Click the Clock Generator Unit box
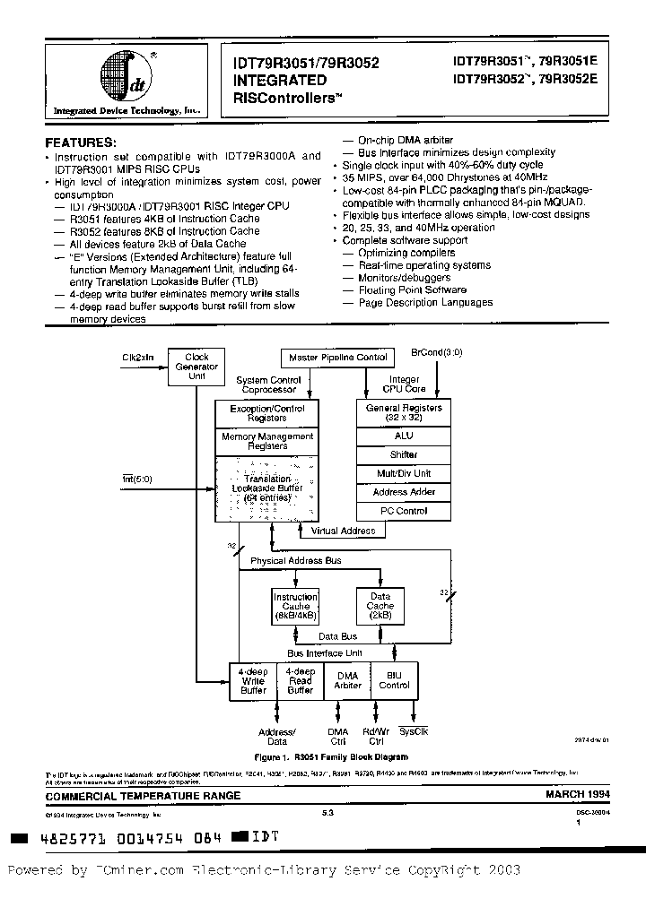coord(196,366)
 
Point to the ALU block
coord(404,436)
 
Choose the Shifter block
coord(404,454)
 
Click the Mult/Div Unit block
coord(404,473)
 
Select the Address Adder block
coord(404,492)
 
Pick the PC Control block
coord(404,511)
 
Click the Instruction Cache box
coord(295,606)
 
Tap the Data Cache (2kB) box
coord(380,606)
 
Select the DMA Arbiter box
coord(347,680)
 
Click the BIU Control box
coord(394,680)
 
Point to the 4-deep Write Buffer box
coord(253,680)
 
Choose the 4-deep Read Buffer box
coord(300,680)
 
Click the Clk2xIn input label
coord(137,357)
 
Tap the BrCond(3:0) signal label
coord(437,352)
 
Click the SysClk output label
coord(414,732)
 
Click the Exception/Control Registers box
coord(267,413)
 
